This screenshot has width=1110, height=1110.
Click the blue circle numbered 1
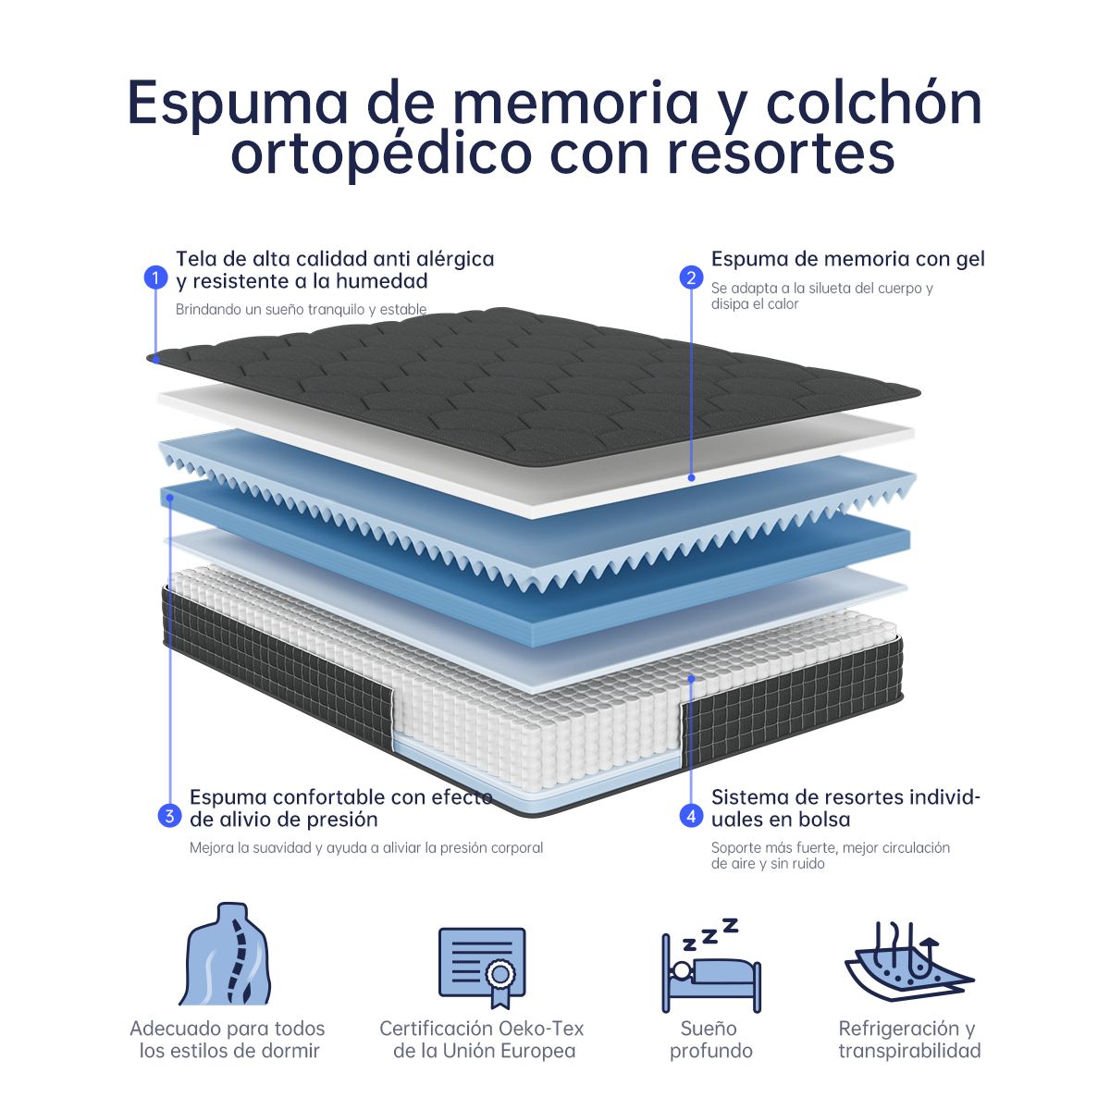(155, 277)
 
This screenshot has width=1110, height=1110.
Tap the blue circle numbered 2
(691, 277)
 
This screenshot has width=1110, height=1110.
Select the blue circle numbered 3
(169, 816)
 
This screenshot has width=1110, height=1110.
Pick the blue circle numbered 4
(691, 816)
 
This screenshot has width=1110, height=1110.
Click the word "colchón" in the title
(873, 103)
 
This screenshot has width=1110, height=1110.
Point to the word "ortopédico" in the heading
(381, 154)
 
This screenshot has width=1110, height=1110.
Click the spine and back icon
(225, 954)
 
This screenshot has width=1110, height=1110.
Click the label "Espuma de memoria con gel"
(848, 259)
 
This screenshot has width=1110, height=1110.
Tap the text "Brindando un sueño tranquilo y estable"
(301, 309)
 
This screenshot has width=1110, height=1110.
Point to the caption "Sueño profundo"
(710, 1040)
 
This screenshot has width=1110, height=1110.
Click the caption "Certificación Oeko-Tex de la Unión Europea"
(482, 1040)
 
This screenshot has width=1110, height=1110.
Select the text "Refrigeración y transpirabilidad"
(909, 1040)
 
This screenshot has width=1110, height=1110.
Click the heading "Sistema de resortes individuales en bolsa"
(845, 808)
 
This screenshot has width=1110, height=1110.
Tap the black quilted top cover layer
(534, 386)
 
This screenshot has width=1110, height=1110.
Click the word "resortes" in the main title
(781, 154)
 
